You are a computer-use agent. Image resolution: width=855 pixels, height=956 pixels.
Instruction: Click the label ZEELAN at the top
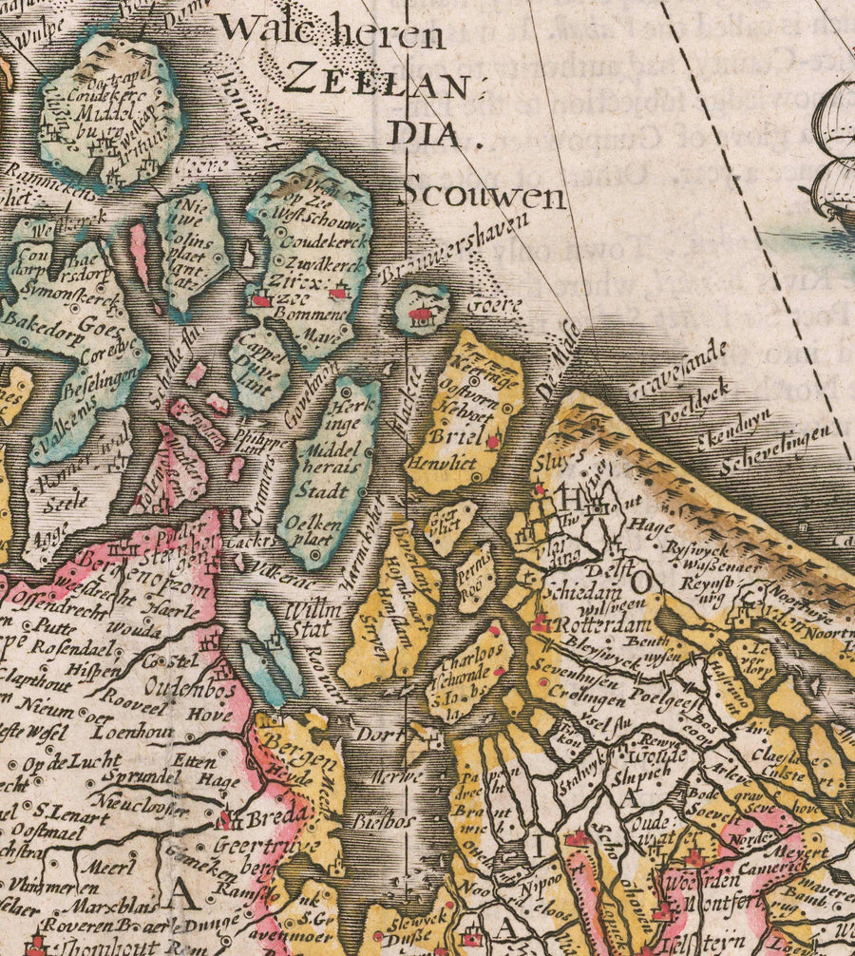click(x=377, y=78)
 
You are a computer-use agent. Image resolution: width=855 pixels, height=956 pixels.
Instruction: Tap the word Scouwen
click(x=484, y=195)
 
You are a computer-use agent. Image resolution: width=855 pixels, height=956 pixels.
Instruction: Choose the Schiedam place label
click(x=575, y=589)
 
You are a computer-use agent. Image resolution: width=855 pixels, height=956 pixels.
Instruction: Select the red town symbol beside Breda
click(x=225, y=817)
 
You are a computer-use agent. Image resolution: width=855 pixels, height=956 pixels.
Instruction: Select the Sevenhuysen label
click(x=573, y=668)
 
